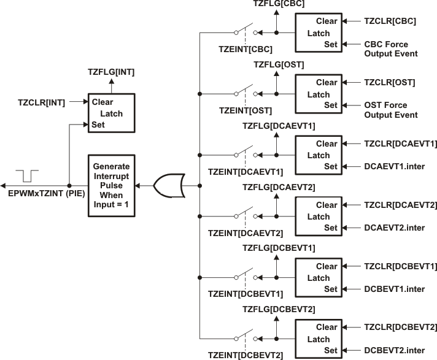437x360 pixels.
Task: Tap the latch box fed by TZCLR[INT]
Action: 111,113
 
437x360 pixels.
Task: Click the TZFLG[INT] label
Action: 111,72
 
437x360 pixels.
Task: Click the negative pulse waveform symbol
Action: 29,176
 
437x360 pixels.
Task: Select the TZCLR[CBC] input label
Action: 390,21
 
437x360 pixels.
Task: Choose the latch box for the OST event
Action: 318,94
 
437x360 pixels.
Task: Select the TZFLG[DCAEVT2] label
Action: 279,187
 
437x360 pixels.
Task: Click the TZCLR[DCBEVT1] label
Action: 400,266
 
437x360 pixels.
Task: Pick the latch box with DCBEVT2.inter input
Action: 318,339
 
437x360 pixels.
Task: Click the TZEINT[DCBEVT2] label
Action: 246,354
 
